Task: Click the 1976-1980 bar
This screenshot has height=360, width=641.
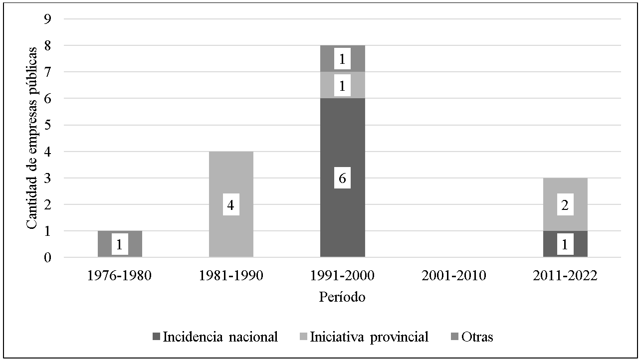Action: pyautogui.click(x=120, y=244)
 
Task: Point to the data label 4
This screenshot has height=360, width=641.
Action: pyautogui.click(x=231, y=204)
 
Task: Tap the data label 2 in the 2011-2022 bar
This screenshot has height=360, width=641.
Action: pyautogui.click(x=565, y=205)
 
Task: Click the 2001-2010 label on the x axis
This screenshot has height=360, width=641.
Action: pyautogui.click(x=453, y=276)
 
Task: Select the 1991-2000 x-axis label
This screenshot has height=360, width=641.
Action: pyautogui.click(x=342, y=276)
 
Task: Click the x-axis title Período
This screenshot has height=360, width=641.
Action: pyautogui.click(x=342, y=297)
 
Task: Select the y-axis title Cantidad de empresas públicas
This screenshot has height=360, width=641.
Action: pyautogui.click(x=32, y=138)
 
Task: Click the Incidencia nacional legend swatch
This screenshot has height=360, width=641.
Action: pyautogui.click(x=157, y=338)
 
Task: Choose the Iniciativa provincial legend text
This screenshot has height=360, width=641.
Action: pyautogui.click(x=369, y=337)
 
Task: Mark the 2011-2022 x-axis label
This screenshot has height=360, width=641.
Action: pyautogui.click(x=565, y=276)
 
